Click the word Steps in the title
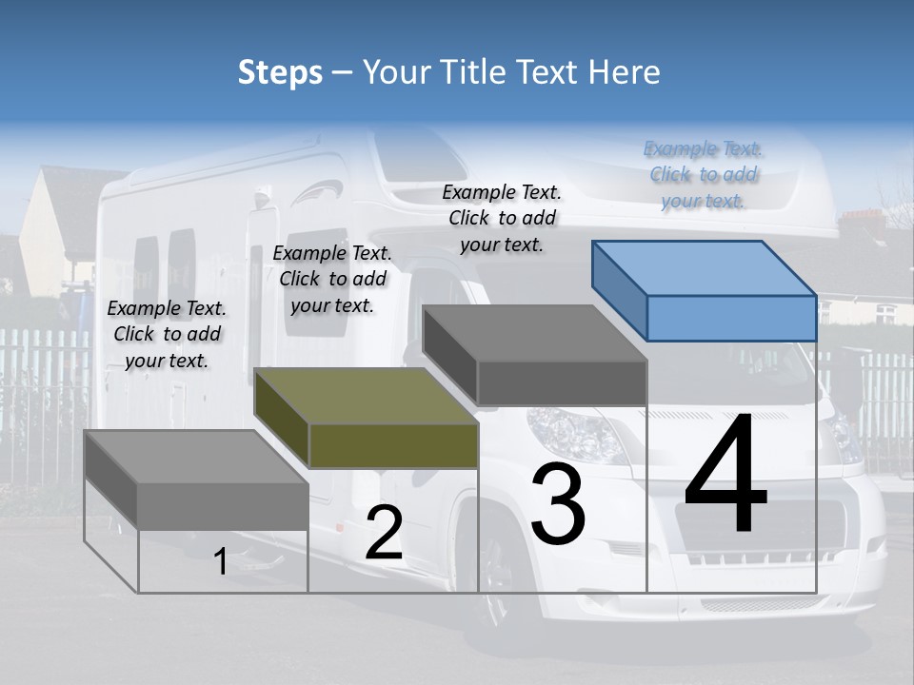(280, 72)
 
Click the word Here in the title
(623, 72)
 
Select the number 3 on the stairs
(558, 504)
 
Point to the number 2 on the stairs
(384, 534)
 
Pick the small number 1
(220, 562)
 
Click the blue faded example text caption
(704, 175)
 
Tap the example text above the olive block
(332, 279)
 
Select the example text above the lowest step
(167, 334)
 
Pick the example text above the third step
(502, 218)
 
